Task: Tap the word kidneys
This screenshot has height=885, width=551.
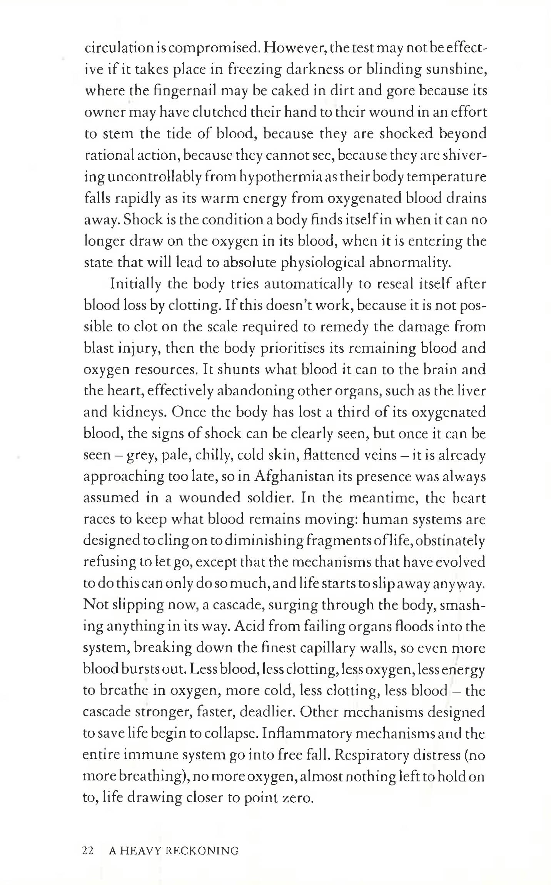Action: (139, 412)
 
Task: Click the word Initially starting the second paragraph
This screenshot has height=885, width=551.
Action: (135, 284)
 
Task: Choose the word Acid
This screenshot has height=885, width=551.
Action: (248, 627)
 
